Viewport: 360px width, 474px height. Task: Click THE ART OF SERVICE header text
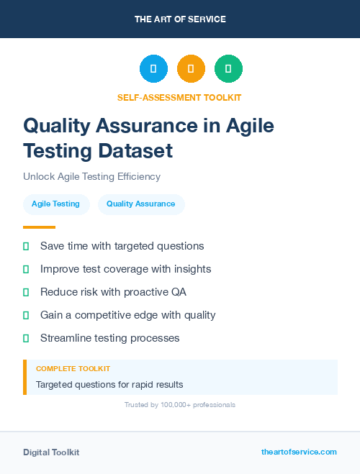click(180, 19)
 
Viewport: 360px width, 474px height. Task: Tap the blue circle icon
click(153, 68)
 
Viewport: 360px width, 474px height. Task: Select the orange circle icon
click(191, 68)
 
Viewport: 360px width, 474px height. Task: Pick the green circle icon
click(228, 68)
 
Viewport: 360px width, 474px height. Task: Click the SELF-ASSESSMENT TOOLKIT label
click(180, 97)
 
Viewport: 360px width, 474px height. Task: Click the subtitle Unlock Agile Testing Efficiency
click(91, 176)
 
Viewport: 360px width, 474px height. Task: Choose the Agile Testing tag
click(55, 204)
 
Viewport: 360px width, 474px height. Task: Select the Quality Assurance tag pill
click(140, 204)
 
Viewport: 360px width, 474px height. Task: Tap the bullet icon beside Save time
click(26, 246)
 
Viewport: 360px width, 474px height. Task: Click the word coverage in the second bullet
click(135, 269)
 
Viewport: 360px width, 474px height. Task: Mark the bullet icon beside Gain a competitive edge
click(26, 315)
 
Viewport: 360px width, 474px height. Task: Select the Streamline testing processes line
click(109, 338)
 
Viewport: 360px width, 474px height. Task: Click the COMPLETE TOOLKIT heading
click(73, 368)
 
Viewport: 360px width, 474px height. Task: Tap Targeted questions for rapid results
click(109, 384)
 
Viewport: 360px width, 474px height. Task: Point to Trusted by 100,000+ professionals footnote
click(180, 405)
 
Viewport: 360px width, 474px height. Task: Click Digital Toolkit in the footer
click(51, 452)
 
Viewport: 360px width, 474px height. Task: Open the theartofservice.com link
click(299, 452)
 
